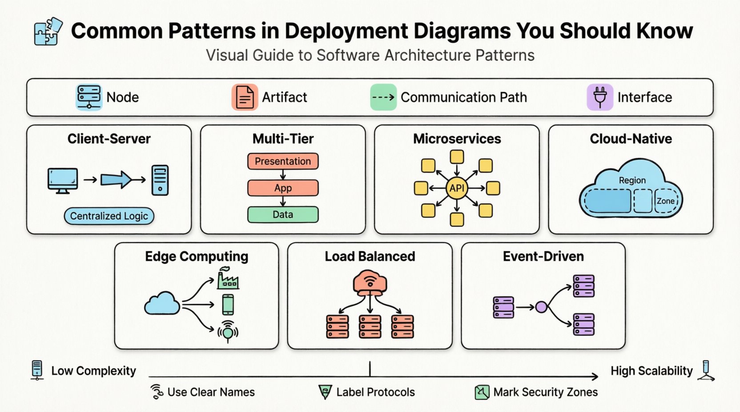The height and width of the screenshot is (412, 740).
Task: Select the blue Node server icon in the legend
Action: click(x=89, y=97)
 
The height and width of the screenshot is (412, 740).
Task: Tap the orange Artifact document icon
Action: click(x=245, y=97)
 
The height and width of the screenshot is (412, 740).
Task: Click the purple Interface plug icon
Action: click(x=600, y=97)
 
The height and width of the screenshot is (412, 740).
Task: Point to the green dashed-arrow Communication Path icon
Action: click(x=383, y=97)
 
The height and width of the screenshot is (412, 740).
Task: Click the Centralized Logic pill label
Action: click(x=109, y=216)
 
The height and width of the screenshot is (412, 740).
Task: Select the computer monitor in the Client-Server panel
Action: click(x=63, y=180)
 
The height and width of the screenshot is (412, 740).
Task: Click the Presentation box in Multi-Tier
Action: click(x=283, y=161)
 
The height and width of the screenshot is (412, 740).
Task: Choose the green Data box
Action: click(x=283, y=214)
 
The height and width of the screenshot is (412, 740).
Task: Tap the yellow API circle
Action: click(x=457, y=188)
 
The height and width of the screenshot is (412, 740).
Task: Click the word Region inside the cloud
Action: click(x=632, y=180)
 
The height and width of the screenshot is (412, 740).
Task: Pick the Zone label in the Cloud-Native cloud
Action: click(x=665, y=201)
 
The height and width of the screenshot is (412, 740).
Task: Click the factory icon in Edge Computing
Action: click(x=228, y=279)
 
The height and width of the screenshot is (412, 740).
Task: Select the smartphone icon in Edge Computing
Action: click(x=228, y=305)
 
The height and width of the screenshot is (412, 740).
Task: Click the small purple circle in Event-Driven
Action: click(x=541, y=307)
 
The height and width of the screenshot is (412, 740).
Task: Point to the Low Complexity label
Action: click(x=93, y=371)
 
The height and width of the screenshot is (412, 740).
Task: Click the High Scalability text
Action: click(x=651, y=371)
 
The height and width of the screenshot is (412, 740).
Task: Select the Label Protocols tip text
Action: click(x=375, y=392)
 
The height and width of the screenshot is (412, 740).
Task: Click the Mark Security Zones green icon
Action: click(x=482, y=392)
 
